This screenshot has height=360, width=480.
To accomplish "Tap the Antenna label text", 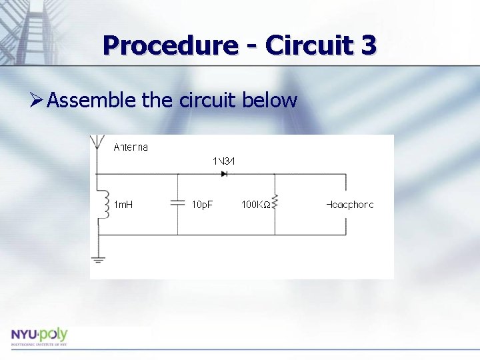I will click(x=131, y=147).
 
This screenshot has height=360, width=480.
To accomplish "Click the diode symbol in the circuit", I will click(x=224, y=174).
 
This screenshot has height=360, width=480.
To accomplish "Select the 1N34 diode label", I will click(x=225, y=161).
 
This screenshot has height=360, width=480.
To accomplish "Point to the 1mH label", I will click(x=123, y=205).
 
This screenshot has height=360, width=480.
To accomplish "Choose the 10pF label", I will click(x=202, y=205).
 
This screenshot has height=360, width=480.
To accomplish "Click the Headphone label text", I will click(x=350, y=205).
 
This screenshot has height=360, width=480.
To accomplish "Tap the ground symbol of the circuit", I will click(x=98, y=259).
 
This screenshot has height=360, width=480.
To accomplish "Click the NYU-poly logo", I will click(x=39, y=336).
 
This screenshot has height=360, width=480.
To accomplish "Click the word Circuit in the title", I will click(x=308, y=45).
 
